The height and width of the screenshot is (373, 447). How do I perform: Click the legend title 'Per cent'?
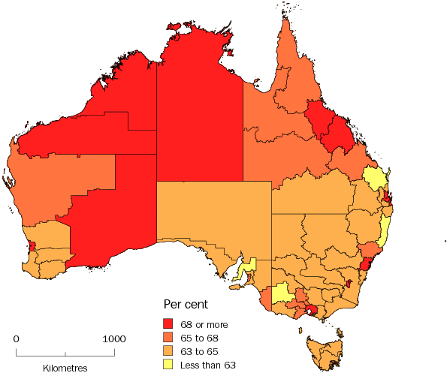[x=186, y=305]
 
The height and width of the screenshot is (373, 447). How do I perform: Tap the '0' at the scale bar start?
[x=17, y=338]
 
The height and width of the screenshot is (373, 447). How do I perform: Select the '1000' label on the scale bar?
[x=114, y=338]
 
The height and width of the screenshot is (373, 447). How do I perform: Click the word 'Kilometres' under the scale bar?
[x=65, y=368]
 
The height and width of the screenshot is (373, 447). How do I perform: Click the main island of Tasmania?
[x=322, y=353]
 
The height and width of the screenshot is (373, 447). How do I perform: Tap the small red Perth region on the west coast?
[x=32, y=246]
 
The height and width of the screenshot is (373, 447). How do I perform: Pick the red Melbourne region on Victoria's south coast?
[x=310, y=309]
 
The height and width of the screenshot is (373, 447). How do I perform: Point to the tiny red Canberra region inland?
[x=349, y=284]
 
